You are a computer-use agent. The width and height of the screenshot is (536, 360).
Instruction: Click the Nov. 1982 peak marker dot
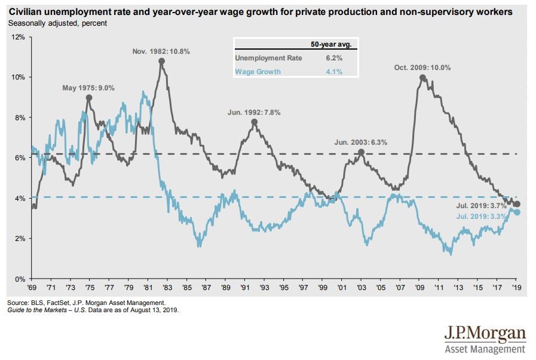(161, 61)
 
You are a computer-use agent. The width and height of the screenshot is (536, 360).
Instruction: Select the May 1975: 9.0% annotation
(88, 88)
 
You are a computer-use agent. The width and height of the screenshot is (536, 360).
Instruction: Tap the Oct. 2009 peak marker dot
(423, 78)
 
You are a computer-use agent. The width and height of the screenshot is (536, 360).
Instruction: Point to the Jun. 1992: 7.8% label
(254, 112)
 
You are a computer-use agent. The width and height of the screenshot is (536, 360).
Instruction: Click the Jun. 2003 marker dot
(361, 152)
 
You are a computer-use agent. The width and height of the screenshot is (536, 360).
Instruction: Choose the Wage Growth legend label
(258, 72)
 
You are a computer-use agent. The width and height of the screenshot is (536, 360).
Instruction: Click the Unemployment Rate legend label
(268, 58)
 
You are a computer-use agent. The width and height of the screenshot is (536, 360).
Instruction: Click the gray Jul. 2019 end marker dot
(517, 204)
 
